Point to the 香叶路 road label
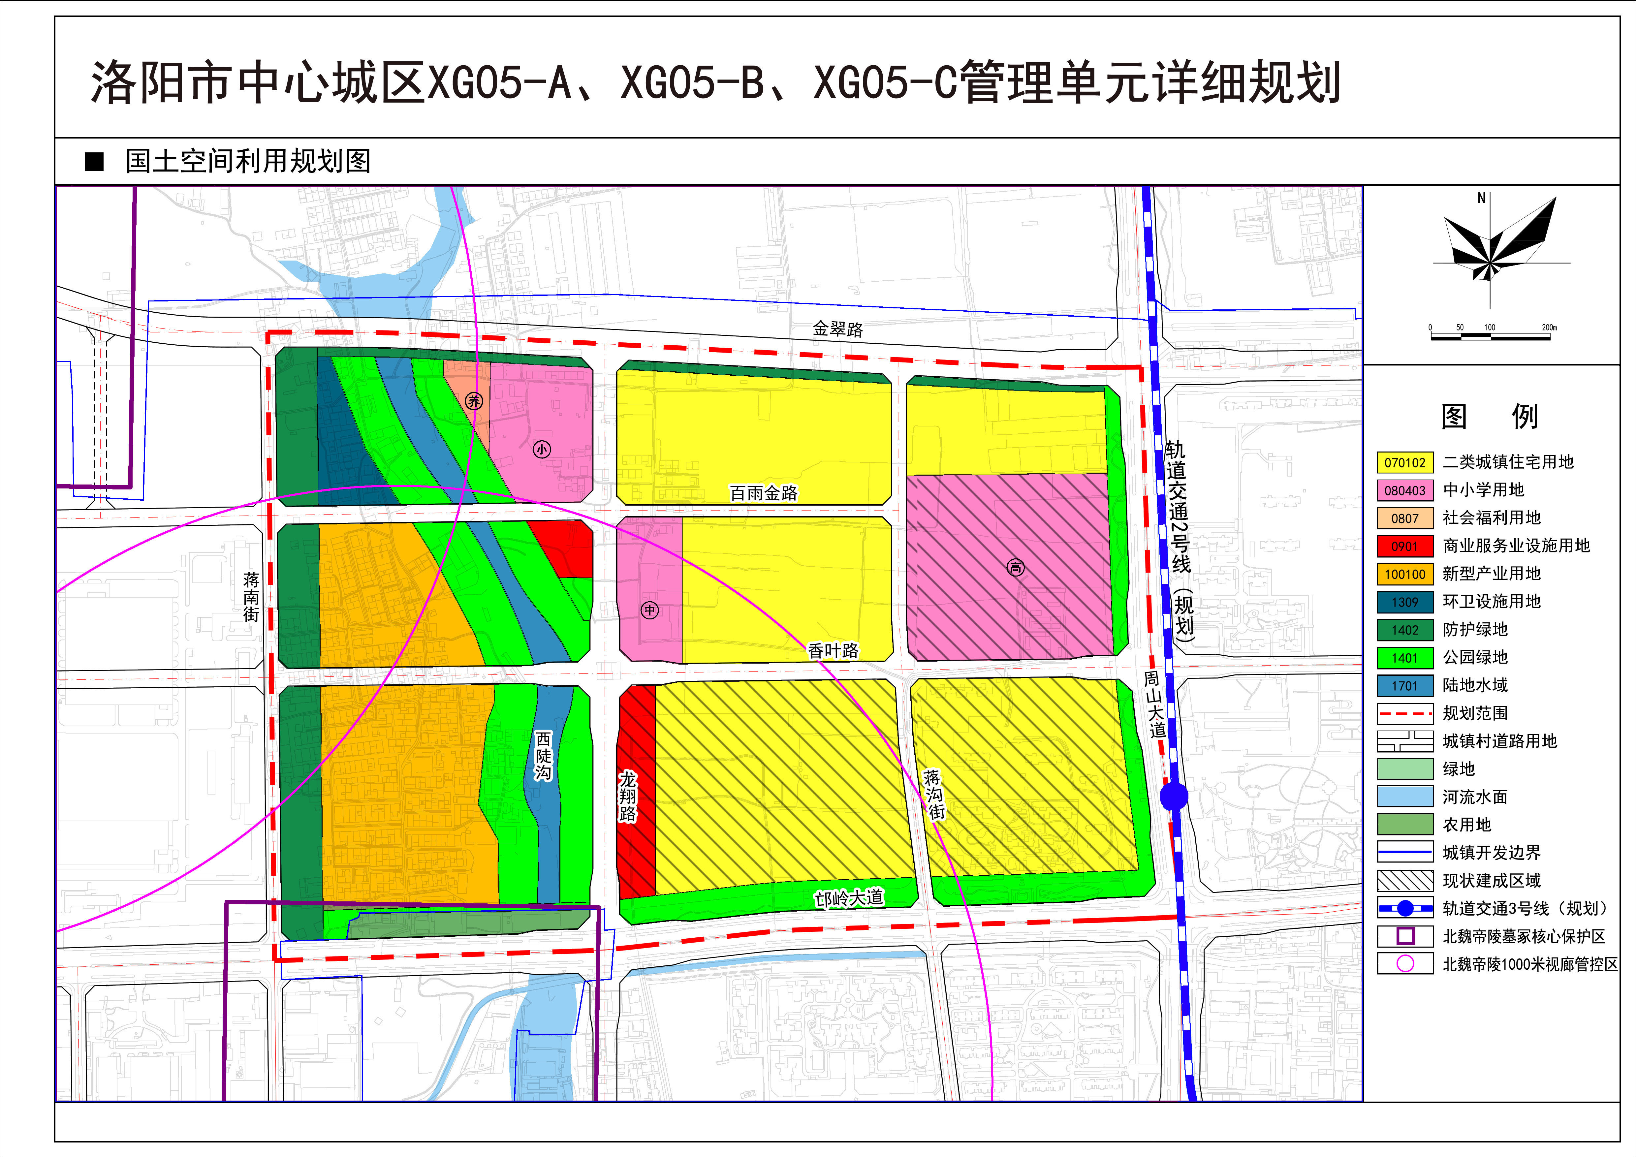(834, 650)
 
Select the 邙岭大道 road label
(849, 898)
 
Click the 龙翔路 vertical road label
(627, 796)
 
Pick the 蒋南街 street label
(251, 597)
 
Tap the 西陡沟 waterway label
(543, 756)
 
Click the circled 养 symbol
(474, 401)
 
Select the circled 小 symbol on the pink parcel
(542, 449)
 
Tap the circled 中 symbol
(649, 610)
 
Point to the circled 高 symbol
(1015, 567)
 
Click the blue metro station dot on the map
(1174, 796)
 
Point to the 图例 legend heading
(1490, 416)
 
